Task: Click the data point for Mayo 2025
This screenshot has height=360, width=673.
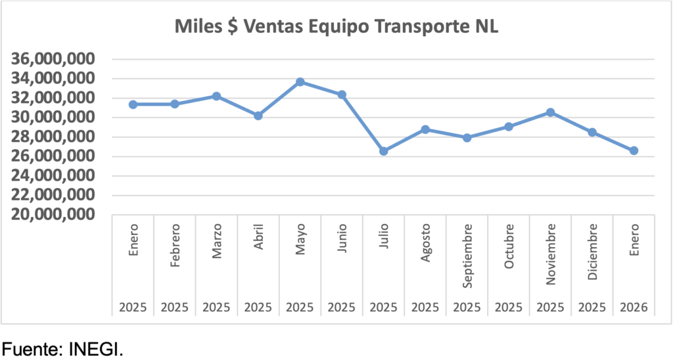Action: pyautogui.click(x=300, y=81)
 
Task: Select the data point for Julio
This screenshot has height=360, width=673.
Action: pyautogui.click(x=384, y=151)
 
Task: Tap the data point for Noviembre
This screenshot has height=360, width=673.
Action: pyautogui.click(x=551, y=112)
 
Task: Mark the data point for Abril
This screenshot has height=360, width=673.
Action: pyautogui.click(x=258, y=116)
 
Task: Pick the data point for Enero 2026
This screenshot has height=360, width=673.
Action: pyautogui.click(x=634, y=150)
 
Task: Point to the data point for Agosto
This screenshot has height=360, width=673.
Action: pyautogui.click(x=425, y=129)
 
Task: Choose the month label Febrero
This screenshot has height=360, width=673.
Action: pyautogui.click(x=175, y=245)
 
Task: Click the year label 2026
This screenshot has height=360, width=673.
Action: pyautogui.click(x=634, y=307)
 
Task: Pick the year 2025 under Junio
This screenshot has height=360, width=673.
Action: pyautogui.click(x=342, y=307)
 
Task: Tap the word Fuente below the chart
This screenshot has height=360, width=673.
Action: pyautogui.click(x=32, y=349)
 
